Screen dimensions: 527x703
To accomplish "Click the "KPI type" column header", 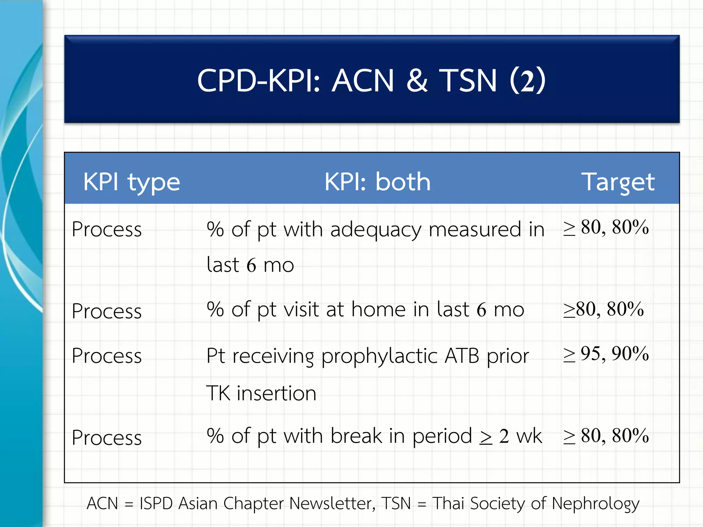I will tap(131, 182).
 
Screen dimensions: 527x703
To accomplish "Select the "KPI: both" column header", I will tap(377, 181).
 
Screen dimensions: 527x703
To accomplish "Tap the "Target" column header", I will tap(618, 182).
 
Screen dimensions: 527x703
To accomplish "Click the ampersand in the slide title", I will tap(417, 81).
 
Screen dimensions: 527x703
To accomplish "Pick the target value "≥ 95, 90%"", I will tap(606, 354).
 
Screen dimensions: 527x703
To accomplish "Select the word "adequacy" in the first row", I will tap(376, 230).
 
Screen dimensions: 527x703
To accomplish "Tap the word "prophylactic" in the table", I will tap(379, 356).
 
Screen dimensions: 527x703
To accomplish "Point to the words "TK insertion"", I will tap(261, 393).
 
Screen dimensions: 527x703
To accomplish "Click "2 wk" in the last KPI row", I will tap(520, 436).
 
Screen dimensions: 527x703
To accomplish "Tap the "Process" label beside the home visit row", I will tap(107, 311).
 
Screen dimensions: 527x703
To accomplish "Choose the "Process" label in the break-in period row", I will tap(107, 438).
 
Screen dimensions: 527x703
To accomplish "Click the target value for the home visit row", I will tap(603, 309).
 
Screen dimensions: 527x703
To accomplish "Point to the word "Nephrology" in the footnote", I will tap(596, 504).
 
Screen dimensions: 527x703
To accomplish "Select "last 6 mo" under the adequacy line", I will tap(250, 265).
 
